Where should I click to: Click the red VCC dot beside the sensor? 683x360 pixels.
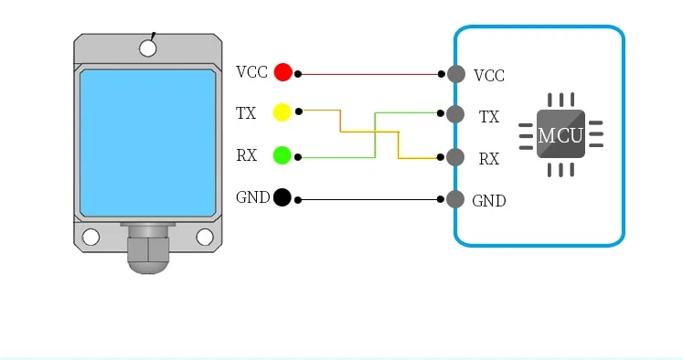tap(283, 72)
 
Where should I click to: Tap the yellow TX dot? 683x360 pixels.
tap(282, 112)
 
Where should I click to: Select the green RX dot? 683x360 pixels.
tap(282, 155)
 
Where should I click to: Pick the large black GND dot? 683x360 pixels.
tap(283, 197)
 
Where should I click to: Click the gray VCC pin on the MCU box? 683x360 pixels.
tap(456, 74)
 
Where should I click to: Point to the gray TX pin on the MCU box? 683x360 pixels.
tap(455, 114)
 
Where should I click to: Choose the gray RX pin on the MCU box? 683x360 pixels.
tap(455, 157)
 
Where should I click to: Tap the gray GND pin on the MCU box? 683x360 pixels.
tap(455, 199)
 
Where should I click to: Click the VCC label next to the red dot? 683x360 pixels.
tap(251, 72)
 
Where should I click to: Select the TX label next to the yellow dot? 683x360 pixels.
tap(246, 113)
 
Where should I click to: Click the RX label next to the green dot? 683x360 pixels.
tap(246, 155)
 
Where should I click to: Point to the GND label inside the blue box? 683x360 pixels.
tap(489, 201)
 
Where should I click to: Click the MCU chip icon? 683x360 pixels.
tap(561, 134)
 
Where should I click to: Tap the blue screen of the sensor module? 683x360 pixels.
tap(148, 143)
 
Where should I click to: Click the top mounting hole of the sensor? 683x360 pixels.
tap(148, 48)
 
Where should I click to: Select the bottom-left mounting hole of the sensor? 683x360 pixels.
tap(91, 238)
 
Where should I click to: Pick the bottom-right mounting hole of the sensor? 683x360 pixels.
tap(205, 238)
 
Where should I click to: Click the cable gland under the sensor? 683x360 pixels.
tap(148, 249)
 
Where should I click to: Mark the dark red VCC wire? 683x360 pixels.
tap(369, 74)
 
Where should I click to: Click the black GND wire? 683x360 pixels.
tap(369, 200)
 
